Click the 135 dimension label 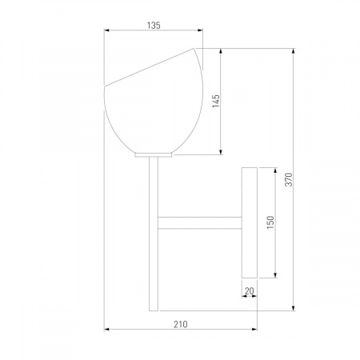click(154, 26)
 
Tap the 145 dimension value click(216, 101)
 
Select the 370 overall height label click(289, 179)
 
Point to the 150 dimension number click(270, 222)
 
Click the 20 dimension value click(249, 290)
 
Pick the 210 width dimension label click(181, 324)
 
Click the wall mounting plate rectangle click(250, 222)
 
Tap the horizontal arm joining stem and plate click(200, 223)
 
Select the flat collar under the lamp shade click(154, 155)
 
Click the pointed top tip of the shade click(194, 49)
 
